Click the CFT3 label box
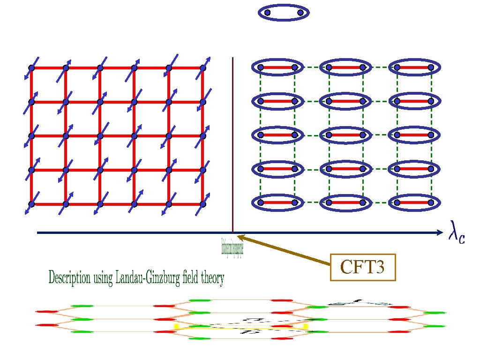click(x=363, y=267)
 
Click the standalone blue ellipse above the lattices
click(x=284, y=13)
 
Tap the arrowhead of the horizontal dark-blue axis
click(x=439, y=232)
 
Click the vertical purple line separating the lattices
click(x=232, y=141)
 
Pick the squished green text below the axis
click(x=232, y=247)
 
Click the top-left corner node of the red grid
click(x=31, y=68)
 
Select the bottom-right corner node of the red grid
click(x=203, y=204)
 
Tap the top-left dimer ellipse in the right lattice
click(x=277, y=67)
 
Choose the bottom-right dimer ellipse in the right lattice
click(x=414, y=202)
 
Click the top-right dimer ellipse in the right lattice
click(x=414, y=67)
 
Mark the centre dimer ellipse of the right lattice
click(x=345, y=135)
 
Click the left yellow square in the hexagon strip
click(x=177, y=326)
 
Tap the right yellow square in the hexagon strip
click(x=306, y=325)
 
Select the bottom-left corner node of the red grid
click(x=31, y=204)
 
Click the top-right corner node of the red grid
click(x=203, y=68)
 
